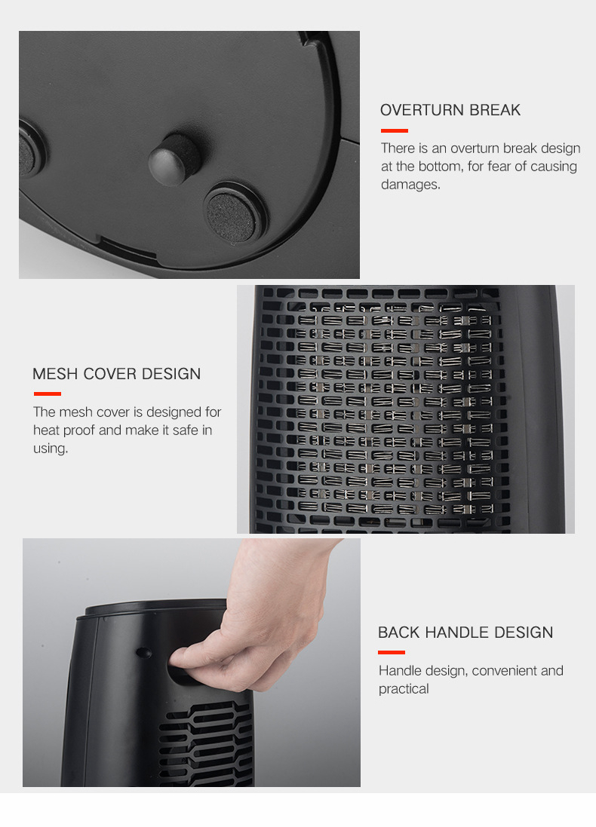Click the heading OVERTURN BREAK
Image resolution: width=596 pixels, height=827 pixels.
click(x=450, y=110)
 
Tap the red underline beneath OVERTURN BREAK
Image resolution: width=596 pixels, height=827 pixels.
click(x=395, y=131)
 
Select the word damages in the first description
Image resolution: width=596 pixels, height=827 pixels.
click(x=410, y=184)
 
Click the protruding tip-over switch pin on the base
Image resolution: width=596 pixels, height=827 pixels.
click(x=174, y=160)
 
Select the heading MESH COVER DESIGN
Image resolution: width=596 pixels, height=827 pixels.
click(x=117, y=373)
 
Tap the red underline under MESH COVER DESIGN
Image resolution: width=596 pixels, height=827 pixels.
click(x=48, y=394)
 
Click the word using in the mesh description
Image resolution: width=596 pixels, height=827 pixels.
click(x=51, y=449)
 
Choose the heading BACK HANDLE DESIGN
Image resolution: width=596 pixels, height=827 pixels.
click(x=465, y=632)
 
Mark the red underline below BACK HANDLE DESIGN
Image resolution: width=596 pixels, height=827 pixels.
click(x=392, y=652)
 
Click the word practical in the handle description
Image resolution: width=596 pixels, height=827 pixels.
click(x=404, y=689)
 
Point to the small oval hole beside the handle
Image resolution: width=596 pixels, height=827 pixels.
click(x=143, y=653)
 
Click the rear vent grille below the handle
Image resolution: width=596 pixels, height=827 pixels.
click(x=207, y=743)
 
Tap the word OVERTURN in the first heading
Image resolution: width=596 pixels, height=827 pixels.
click(x=422, y=110)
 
